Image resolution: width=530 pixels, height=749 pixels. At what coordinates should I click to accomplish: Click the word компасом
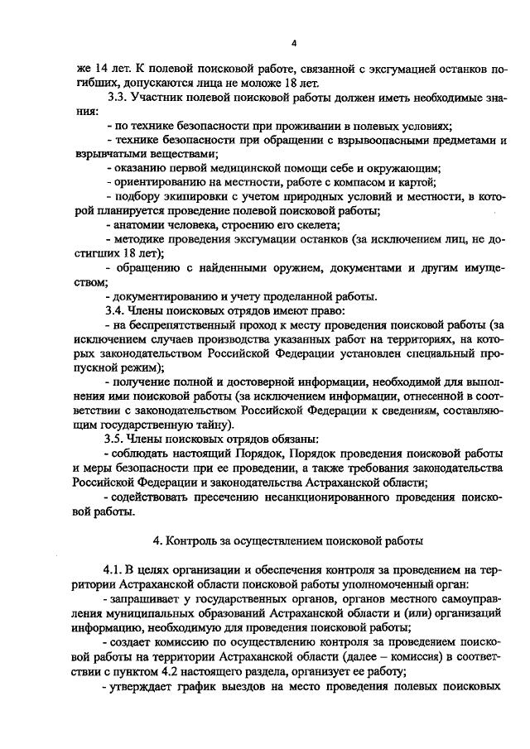point(366,182)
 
